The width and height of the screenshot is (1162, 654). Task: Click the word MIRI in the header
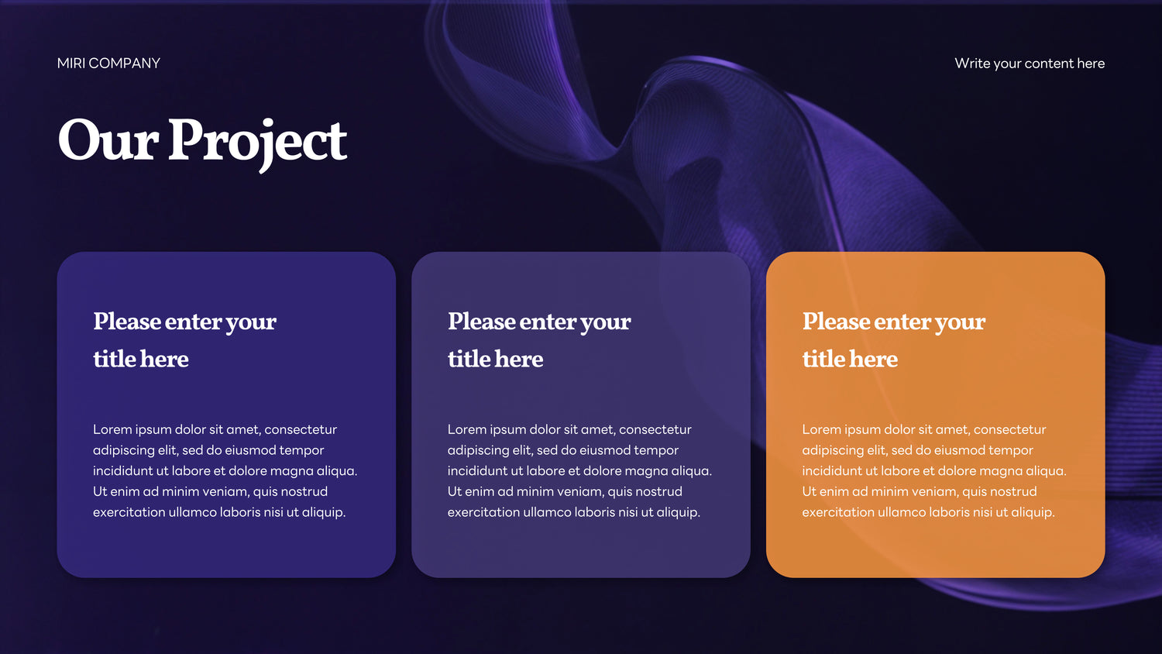pyautogui.click(x=71, y=64)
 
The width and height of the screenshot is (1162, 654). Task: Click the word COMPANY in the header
pyautogui.click(x=125, y=64)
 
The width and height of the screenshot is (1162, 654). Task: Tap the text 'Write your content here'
pyautogui.click(x=1030, y=64)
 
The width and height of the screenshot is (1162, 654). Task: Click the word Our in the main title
pyautogui.click(x=108, y=139)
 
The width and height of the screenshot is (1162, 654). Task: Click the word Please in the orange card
pyautogui.click(x=836, y=321)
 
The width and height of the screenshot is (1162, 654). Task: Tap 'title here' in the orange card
pyautogui.click(x=851, y=359)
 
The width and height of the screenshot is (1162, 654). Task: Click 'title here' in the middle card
pyautogui.click(x=496, y=359)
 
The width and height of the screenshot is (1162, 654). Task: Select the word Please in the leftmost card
pyautogui.click(x=127, y=321)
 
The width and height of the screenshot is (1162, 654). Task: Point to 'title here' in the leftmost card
pyautogui.click(x=141, y=359)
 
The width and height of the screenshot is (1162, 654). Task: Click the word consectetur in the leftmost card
pyautogui.click(x=301, y=429)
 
